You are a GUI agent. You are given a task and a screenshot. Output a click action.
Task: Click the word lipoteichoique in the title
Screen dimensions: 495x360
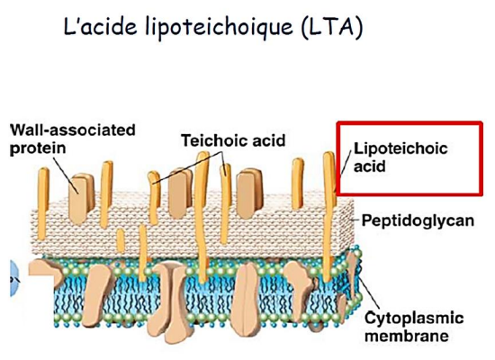pyautogui.click(x=219, y=28)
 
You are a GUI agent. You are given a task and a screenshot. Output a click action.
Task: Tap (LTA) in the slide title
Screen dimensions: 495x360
pyautogui.click(x=332, y=28)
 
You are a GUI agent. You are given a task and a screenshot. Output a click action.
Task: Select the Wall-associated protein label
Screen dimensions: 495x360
pyautogui.click(x=73, y=139)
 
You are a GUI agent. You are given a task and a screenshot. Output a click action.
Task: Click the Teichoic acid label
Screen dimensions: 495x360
pyautogui.click(x=233, y=140)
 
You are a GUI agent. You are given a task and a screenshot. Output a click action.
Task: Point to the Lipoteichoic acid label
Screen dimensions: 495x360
pyautogui.click(x=400, y=157)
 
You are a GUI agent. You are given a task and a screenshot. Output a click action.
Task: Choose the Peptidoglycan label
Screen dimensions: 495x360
pyautogui.click(x=418, y=220)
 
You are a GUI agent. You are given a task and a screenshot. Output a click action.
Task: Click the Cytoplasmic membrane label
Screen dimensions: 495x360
pyautogui.click(x=414, y=327)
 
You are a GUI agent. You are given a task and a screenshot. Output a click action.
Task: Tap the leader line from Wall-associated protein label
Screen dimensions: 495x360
pyautogui.click(x=66, y=175)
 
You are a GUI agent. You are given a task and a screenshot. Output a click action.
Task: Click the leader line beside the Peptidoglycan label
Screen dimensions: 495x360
pyautogui.click(x=355, y=220)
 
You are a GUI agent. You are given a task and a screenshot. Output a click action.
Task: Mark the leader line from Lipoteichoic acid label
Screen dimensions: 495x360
pyautogui.click(x=346, y=162)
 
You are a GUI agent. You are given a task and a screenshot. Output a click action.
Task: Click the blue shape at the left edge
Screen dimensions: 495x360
pyautogui.click(x=14, y=278)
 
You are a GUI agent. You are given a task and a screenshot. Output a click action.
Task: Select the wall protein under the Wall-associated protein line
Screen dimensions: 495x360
pyautogui.click(x=81, y=198)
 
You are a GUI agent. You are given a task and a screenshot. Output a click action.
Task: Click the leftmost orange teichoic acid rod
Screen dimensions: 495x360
pyautogui.click(x=43, y=204)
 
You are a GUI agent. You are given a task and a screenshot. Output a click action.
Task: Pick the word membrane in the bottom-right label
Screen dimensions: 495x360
pyautogui.click(x=407, y=336)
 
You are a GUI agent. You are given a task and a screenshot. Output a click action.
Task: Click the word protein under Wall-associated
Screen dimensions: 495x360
pyautogui.click(x=38, y=148)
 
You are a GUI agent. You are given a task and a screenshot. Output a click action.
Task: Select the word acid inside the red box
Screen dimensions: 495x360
pyautogui.click(x=369, y=166)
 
